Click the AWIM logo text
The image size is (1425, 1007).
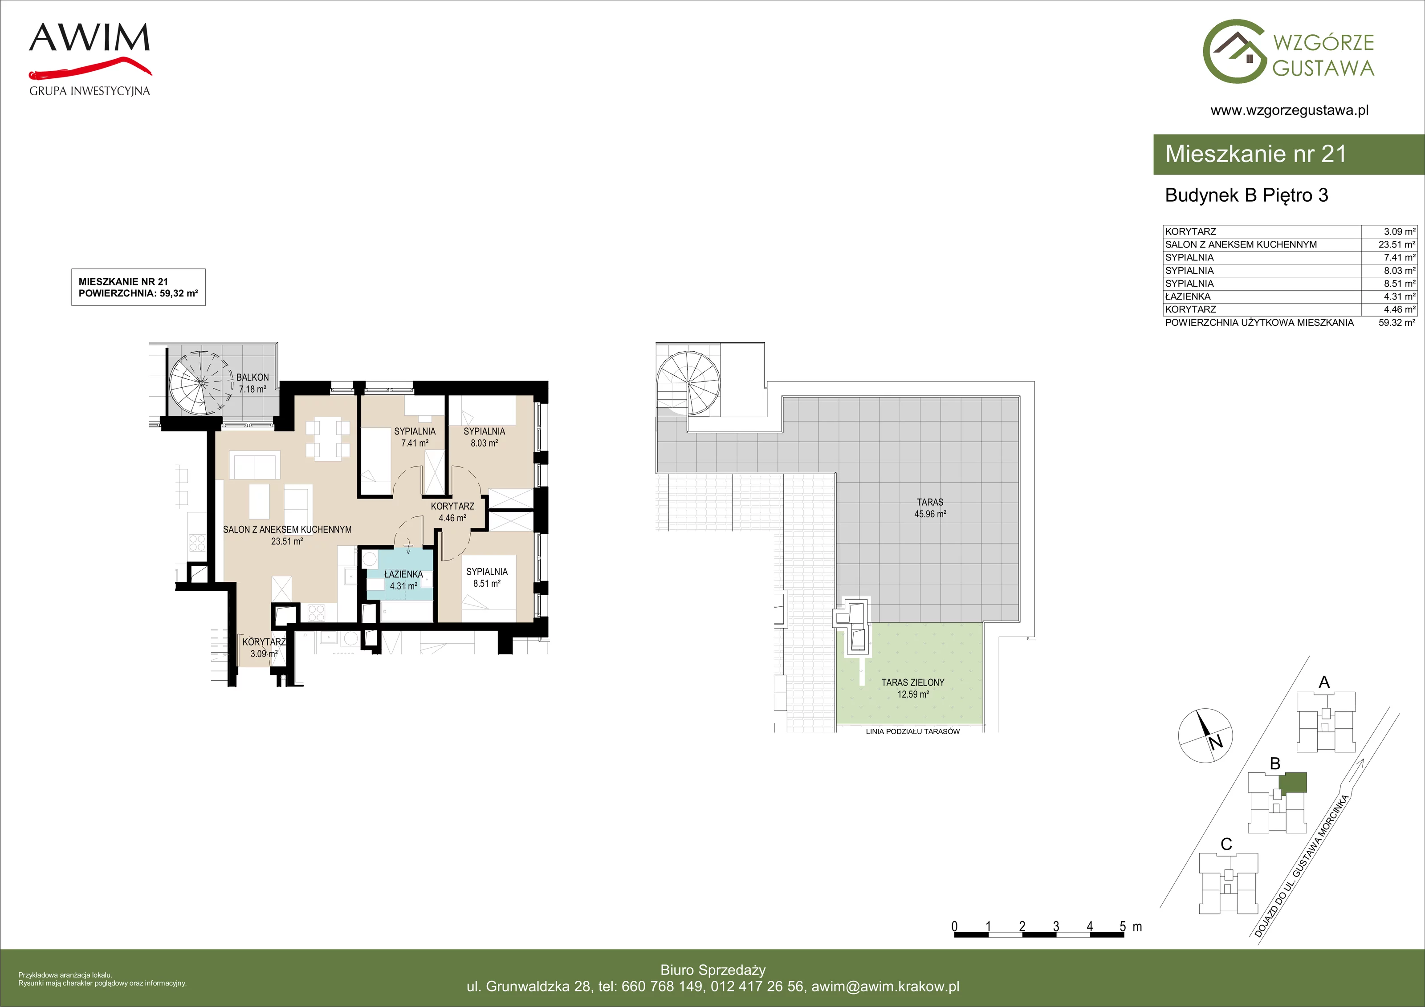click(90, 38)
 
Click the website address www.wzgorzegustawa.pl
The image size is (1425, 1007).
click(1289, 110)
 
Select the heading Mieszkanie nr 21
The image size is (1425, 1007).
click(1256, 154)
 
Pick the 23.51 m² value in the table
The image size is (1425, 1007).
click(1396, 244)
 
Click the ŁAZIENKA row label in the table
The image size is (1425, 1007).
click(1187, 296)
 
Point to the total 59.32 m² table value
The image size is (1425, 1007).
click(1396, 323)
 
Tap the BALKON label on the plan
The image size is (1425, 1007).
click(252, 377)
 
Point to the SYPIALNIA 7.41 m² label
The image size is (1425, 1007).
click(415, 437)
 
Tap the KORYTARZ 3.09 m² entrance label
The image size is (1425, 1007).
click(264, 648)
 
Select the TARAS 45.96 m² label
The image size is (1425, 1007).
click(930, 508)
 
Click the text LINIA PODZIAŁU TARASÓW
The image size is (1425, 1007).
click(912, 731)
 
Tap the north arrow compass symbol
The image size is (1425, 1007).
click(1205, 736)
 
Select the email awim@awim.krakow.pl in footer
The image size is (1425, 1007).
click(886, 987)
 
